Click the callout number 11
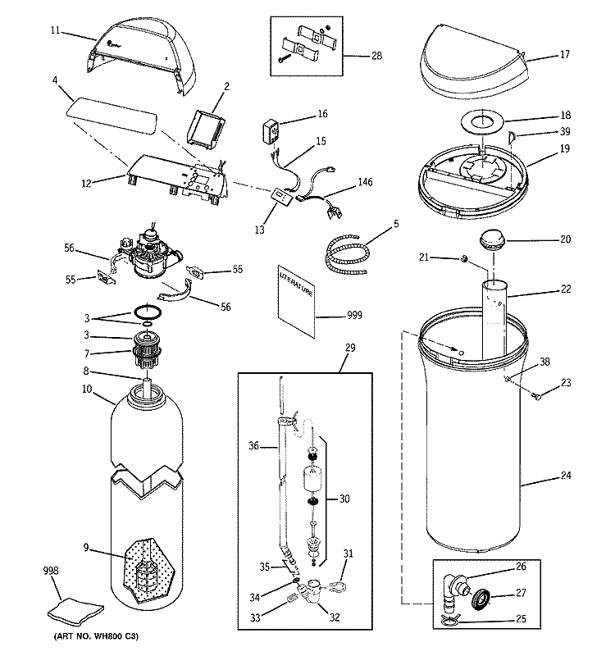pyautogui.click(x=55, y=30)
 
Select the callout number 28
pyautogui.click(x=376, y=56)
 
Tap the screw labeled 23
pyautogui.click(x=538, y=397)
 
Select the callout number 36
pyautogui.click(x=253, y=446)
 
